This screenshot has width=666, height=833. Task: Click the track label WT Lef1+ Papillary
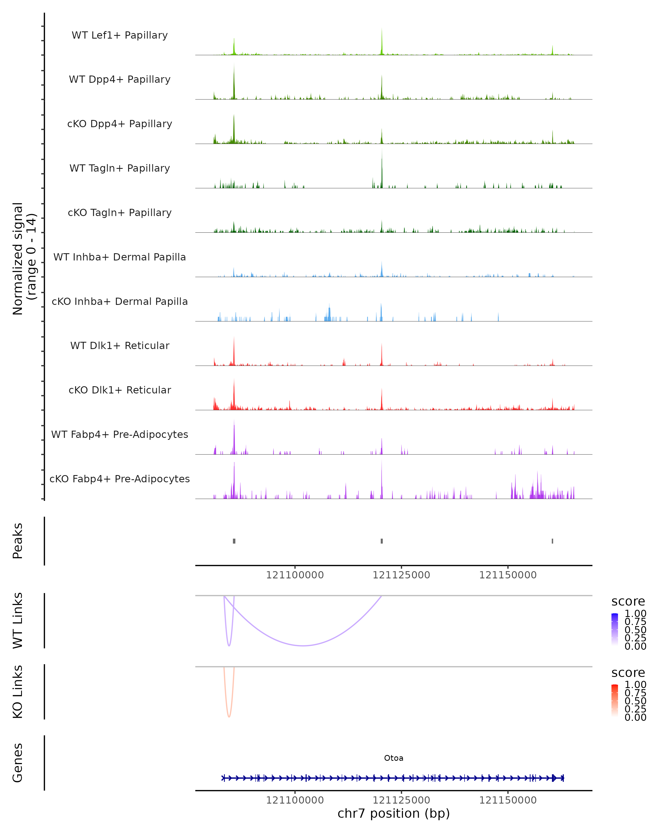click(x=120, y=35)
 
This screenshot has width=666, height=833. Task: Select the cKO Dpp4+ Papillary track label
click(x=120, y=124)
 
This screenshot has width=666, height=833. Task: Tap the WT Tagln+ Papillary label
click(x=120, y=168)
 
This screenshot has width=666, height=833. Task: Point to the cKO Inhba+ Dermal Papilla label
click(x=120, y=301)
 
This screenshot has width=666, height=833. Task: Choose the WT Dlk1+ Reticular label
click(x=120, y=345)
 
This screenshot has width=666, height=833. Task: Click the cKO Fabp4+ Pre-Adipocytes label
click(x=120, y=479)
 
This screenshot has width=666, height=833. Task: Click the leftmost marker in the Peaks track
click(x=234, y=541)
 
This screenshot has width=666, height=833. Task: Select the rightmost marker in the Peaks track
click(x=553, y=541)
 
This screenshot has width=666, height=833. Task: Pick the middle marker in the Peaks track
click(x=382, y=541)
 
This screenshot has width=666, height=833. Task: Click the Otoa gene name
click(x=393, y=758)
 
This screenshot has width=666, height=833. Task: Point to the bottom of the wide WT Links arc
click(x=304, y=645)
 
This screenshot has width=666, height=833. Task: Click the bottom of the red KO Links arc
click(x=229, y=717)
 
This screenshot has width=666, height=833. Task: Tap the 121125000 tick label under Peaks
click(x=401, y=575)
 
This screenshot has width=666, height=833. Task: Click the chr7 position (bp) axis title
click(x=393, y=813)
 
